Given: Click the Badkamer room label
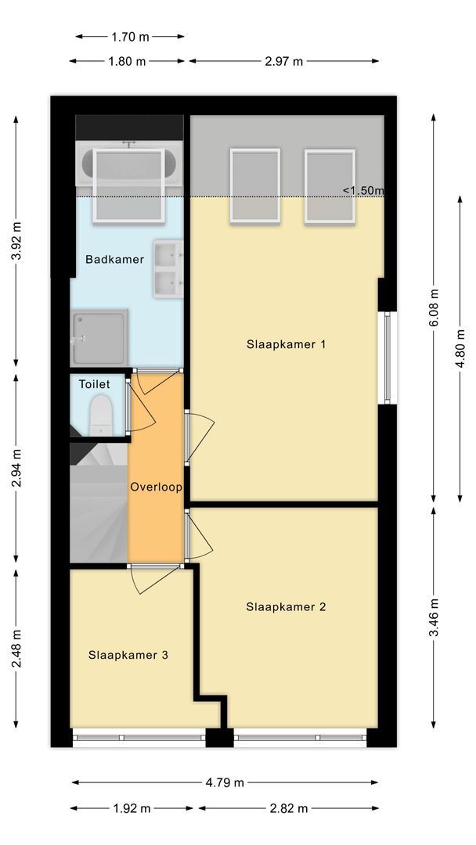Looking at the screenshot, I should (114, 259).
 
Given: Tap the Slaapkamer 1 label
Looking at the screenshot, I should (286, 343).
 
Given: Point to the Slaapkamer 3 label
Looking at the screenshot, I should (128, 655).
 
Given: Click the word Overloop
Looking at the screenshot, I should (156, 487).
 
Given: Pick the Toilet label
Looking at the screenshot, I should (94, 384).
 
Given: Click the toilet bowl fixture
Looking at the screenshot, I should (101, 415).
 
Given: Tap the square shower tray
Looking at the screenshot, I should (99, 338).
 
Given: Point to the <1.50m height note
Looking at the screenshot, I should (362, 190).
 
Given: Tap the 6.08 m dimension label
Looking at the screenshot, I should (435, 310).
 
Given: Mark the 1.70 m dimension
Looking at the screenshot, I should (130, 36).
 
